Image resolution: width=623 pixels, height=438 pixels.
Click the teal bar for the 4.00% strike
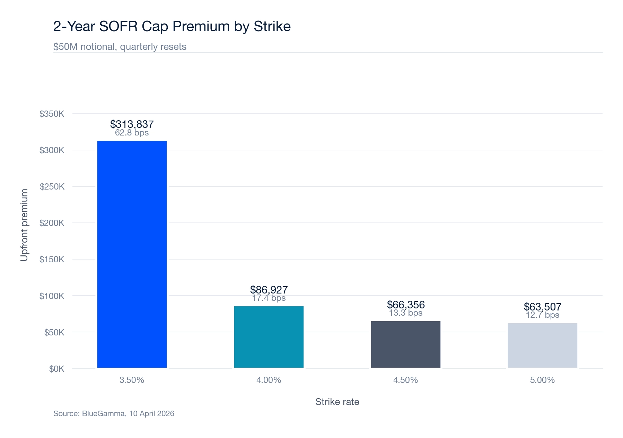[269, 337]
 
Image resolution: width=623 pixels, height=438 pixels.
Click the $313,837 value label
[132, 124]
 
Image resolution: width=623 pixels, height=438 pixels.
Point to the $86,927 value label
[269, 290]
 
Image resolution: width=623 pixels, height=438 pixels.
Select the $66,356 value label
[405, 305]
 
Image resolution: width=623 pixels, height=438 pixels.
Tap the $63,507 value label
[542, 307]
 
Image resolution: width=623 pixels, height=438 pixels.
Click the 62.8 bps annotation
[132, 133]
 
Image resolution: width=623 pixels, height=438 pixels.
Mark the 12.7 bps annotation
[542, 315]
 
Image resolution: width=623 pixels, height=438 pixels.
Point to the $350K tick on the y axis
[52, 114]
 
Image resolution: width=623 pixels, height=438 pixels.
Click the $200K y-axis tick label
[52, 223]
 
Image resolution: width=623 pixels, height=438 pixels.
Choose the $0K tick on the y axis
[56, 369]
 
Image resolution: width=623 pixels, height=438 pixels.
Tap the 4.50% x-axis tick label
[405, 380]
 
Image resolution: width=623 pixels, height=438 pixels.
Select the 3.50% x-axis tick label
[132, 380]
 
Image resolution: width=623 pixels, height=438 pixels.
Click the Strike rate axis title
[337, 402]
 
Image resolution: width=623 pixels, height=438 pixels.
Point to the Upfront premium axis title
[24, 225]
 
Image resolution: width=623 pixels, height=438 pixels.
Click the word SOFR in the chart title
[119, 27]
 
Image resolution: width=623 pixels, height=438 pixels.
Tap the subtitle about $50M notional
[120, 47]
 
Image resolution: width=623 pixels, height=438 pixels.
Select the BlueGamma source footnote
[114, 413]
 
